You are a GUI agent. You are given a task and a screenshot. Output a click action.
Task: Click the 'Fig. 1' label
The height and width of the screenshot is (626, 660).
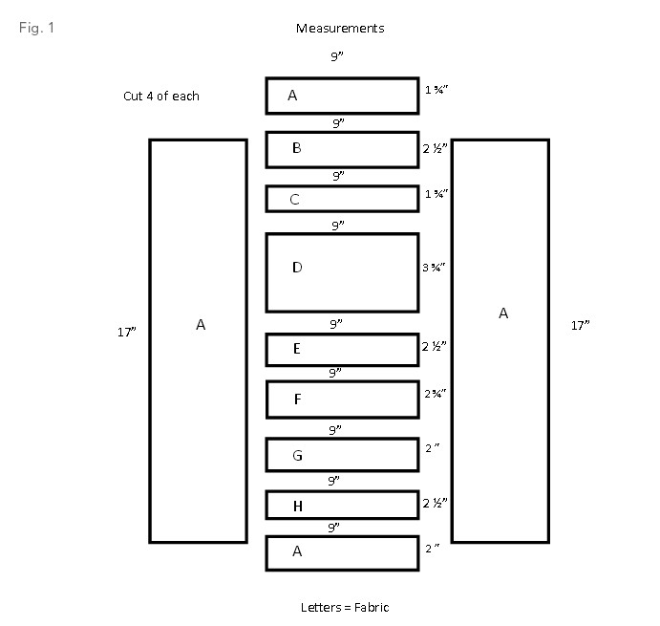(x=37, y=27)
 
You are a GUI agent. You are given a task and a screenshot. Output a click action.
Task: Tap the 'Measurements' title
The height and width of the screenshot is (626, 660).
(x=340, y=28)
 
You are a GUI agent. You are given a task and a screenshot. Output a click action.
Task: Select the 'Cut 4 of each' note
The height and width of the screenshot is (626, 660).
(x=161, y=96)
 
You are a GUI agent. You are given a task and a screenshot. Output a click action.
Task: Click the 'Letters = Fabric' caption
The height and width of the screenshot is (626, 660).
(x=345, y=607)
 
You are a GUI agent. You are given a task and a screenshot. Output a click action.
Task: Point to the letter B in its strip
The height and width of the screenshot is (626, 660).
(x=297, y=148)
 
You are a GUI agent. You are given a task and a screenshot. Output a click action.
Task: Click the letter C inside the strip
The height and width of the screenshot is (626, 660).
(x=295, y=200)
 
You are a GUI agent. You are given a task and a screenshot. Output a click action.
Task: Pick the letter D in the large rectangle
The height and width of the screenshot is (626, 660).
(x=297, y=268)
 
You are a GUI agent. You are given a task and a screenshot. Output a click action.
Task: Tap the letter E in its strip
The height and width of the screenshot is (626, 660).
(x=297, y=349)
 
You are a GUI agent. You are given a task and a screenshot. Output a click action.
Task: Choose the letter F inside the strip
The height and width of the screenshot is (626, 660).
(x=297, y=399)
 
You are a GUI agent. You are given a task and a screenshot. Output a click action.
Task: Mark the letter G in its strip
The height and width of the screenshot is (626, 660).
(x=297, y=456)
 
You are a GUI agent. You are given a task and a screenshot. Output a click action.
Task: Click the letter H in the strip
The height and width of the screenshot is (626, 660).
(x=297, y=506)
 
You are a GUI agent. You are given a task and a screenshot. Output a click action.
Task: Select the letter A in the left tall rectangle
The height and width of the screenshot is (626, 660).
(x=201, y=325)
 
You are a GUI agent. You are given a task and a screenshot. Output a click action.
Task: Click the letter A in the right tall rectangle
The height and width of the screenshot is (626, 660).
(x=503, y=313)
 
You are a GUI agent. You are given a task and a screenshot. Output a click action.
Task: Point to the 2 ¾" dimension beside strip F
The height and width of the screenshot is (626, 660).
(x=436, y=393)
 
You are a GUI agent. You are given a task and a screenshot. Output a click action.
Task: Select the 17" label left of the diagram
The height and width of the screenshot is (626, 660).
(x=126, y=332)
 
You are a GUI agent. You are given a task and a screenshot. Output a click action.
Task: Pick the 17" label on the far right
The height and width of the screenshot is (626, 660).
(x=580, y=325)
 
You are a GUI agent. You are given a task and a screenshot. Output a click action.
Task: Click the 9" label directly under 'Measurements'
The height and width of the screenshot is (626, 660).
(x=337, y=57)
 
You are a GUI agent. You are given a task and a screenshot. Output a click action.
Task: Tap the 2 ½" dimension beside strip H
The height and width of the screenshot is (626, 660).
(x=436, y=502)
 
